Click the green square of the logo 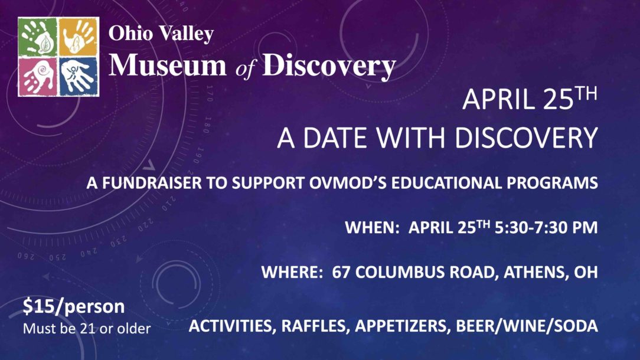pos(38,38)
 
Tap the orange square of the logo pos(79,38)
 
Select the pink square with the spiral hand pos(38,77)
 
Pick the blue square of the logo pos(79,77)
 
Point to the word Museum pos(167,66)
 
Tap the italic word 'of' pos(245,68)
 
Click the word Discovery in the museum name pos(329,67)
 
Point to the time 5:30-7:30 pos(532,227)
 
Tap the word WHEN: pos(372,227)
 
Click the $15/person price pos(74,306)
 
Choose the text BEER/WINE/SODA pos(527,326)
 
